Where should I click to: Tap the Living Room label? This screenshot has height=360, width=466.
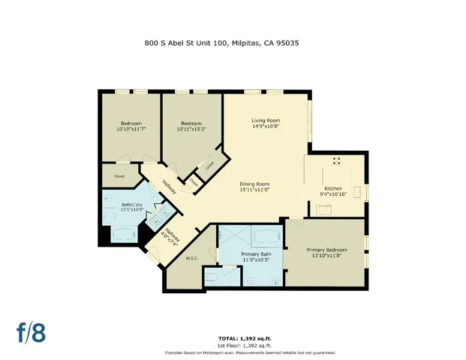265,120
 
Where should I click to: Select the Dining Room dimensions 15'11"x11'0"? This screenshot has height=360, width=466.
254,190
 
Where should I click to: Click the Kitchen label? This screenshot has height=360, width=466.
332,188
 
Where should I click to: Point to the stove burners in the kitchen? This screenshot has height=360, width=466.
336,160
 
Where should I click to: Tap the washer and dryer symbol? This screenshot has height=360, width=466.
159,218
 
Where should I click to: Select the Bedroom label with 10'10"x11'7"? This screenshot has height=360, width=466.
131,124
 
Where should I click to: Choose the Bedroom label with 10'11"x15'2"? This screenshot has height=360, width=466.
191,124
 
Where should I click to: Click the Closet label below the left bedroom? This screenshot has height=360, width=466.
118,176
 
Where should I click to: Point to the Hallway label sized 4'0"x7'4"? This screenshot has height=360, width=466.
170,238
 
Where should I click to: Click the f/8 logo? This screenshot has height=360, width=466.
32,331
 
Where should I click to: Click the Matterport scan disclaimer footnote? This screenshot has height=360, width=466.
250,352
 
